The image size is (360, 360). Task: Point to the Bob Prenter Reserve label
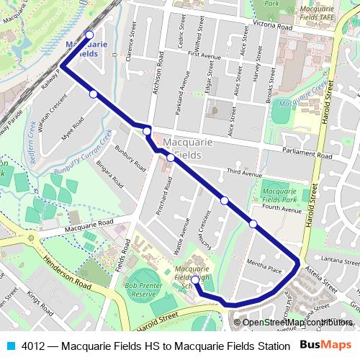tap(140, 290)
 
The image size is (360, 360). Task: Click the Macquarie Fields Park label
tap(280, 194)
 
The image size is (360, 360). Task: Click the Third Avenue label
tap(243, 173)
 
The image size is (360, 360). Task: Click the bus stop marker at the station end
tap(89, 35)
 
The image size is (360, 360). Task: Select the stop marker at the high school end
tap(195, 279)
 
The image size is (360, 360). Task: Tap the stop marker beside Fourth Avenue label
tap(253, 224)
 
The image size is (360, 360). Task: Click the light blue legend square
tap(10, 345)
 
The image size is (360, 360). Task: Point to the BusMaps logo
tap(325, 344)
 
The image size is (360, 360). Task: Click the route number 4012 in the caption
tap(33, 345)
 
